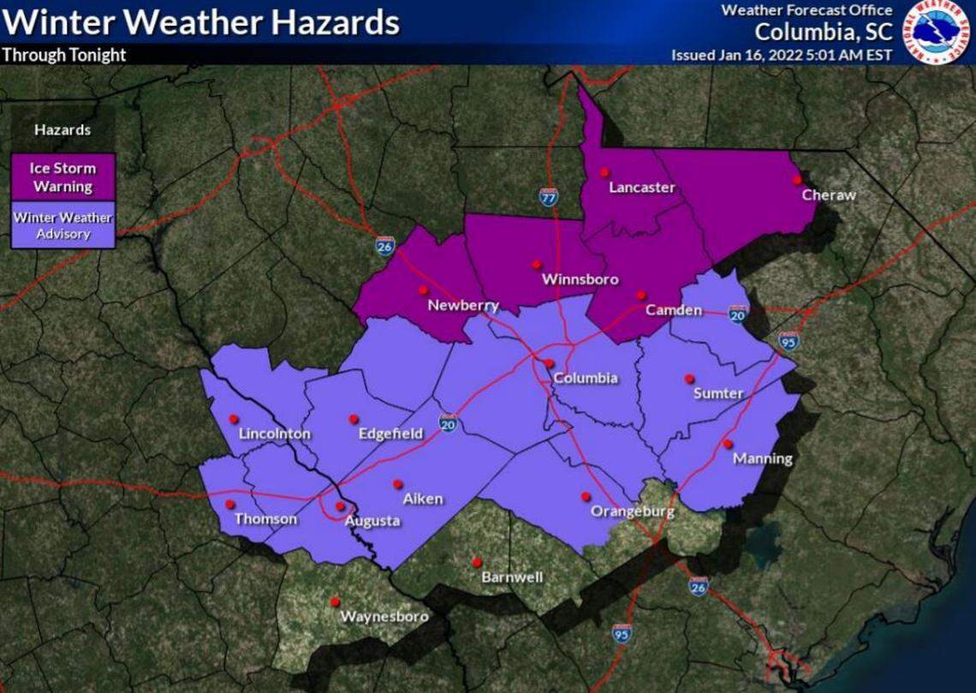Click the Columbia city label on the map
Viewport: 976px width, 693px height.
(585, 379)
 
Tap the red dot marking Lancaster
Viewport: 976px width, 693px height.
(604, 171)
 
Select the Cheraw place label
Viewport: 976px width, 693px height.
(828, 195)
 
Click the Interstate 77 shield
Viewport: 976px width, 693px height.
(549, 196)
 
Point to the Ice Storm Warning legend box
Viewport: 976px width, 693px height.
(62, 177)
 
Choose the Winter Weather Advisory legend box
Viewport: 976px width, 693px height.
(62, 225)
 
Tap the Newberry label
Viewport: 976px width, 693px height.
(463, 306)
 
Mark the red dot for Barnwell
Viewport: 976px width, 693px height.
(477, 563)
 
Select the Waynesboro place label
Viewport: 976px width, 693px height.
(384, 617)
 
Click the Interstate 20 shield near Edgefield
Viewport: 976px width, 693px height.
(448, 421)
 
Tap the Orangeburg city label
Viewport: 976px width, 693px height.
(633, 512)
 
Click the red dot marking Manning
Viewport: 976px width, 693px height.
(727, 444)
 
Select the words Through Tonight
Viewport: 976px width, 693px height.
(64, 55)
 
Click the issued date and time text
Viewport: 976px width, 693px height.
(781, 55)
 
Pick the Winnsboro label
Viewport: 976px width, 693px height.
(580, 280)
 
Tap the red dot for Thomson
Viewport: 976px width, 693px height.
(229, 504)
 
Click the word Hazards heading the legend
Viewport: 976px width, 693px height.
(62, 130)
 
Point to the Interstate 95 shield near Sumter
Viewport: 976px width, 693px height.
(789, 341)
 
